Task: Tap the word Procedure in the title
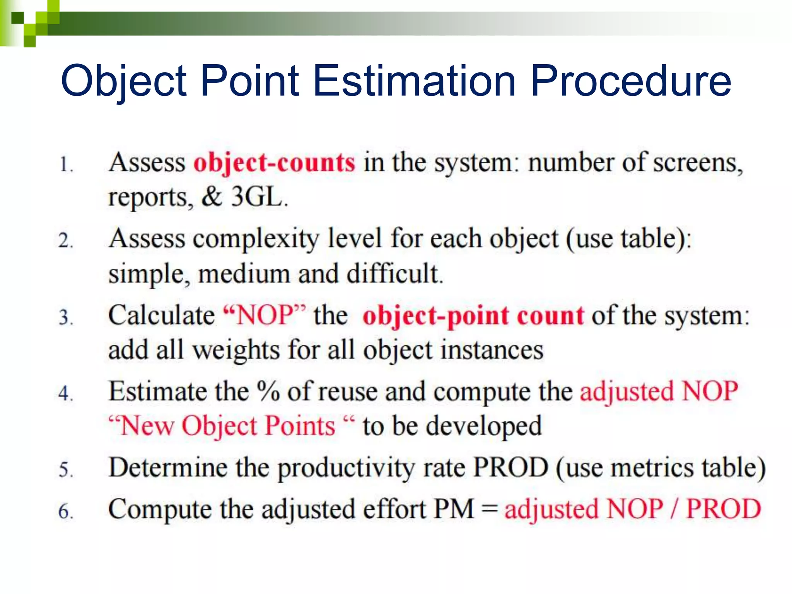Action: [x=631, y=81]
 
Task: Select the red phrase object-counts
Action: [x=274, y=163]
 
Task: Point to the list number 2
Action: [x=65, y=241]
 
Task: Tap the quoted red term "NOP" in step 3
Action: [x=265, y=315]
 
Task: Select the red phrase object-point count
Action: [x=473, y=316]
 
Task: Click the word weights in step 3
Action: [x=236, y=350]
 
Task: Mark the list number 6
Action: [x=65, y=511]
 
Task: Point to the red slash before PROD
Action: [x=674, y=509]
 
